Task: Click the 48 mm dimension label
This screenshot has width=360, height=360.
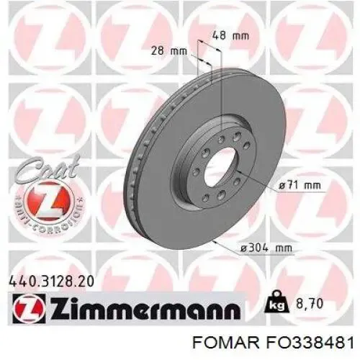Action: [230, 36]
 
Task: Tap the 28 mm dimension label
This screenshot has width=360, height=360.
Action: [168, 51]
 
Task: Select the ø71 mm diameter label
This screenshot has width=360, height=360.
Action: [300, 185]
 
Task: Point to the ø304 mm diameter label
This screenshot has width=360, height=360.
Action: [266, 247]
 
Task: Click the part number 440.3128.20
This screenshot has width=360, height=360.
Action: [51, 282]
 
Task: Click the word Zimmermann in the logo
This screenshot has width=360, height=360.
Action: [145, 308]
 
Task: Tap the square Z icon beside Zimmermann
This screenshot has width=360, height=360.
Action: [29, 309]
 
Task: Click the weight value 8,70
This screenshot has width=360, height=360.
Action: [310, 304]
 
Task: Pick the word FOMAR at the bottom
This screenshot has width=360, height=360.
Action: [226, 342]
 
